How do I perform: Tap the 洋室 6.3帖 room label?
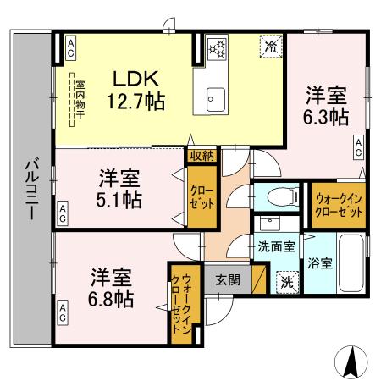coord(326,106)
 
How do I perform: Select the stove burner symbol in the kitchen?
coord(217,48)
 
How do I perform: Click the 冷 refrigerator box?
coord(270,47)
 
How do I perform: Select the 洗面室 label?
coord(276,248)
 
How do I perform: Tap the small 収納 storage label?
coord(202,155)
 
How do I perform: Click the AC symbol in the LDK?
coord(70,47)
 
